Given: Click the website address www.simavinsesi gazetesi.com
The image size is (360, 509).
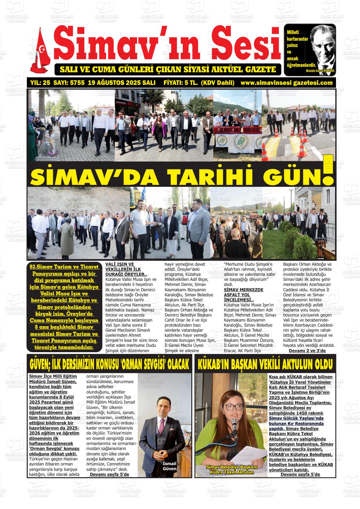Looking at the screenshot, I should pyautogui.click(x=286, y=83).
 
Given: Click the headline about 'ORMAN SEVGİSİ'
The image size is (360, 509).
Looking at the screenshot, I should pyautogui.click(x=109, y=364).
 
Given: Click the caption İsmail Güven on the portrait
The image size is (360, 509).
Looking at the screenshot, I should pyautogui.click(x=169, y=466).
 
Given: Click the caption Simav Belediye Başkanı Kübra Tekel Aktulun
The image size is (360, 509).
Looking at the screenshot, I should pyautogui.click(x=232, y=469).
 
